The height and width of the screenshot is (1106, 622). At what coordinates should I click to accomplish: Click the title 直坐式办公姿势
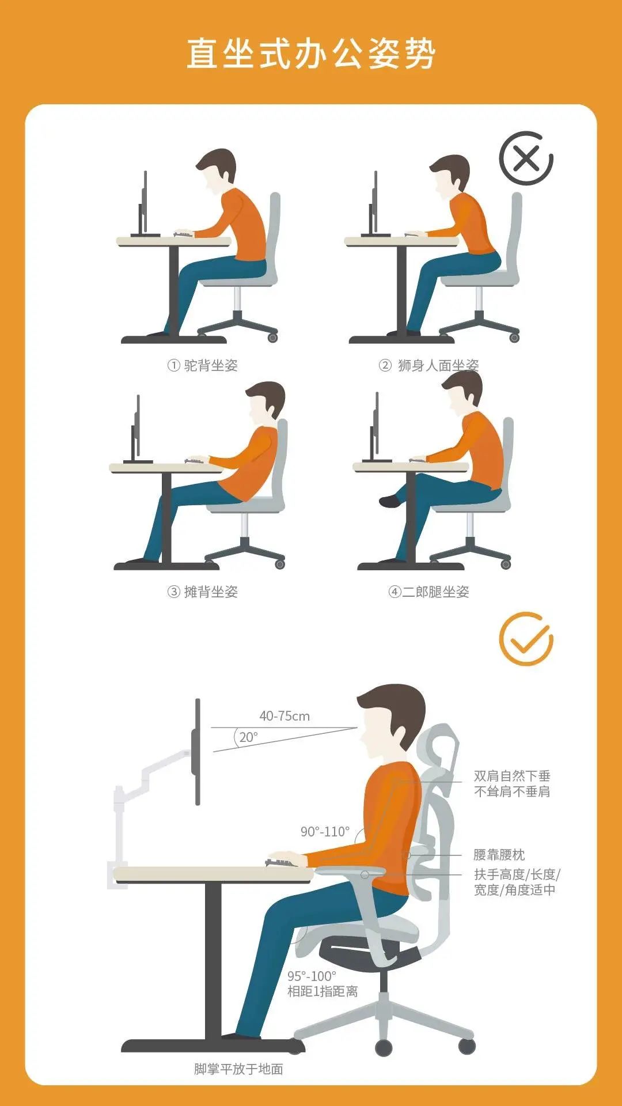pyautogui.click(x=311, y=54)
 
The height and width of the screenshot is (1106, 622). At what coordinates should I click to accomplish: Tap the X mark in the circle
pyautogui.click(x=526, y=158)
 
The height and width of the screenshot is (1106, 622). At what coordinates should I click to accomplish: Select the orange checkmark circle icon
pyautogui.click(x=526, y=639)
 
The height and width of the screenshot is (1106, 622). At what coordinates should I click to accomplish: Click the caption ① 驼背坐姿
pyautogui.click(x=203, y=365)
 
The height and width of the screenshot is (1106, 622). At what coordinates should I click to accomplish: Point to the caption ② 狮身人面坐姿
pyautogui.click(x=429, y=365)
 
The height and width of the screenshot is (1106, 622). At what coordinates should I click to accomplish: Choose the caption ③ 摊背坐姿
pyautogui.click(x=203, y=592)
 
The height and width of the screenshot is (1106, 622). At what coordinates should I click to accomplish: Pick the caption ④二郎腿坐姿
pyautogui.click(x=429, y=592)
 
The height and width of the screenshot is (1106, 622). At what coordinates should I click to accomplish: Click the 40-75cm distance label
pyautogui.click(x=285, y=716)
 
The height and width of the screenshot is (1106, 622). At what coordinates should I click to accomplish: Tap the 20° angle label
pyautogui.click(x=248, y=737)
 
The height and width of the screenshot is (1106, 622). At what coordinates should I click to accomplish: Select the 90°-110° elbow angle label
pyautogui.click(x=325, y=831)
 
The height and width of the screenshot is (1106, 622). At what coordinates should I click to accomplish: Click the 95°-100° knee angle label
pyautogui.click(x=312, y=976)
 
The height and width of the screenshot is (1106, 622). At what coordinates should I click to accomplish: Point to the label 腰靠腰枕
pyautogui.click(x=499, y=855)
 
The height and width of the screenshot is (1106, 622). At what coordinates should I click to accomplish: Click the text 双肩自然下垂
pyautogui.click(x=512, y=776)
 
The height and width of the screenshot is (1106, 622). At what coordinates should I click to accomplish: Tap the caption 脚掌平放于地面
pyautogui.click(x=238, y=1069)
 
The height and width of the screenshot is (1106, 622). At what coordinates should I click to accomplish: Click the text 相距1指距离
pyautogui.click(x=323, y=991)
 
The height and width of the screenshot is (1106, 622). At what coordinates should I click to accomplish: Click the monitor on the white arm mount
pyautogui.click(x=198, y=752)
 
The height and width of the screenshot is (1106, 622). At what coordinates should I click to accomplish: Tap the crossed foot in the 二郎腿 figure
pyautogui.click(x=390, y=501)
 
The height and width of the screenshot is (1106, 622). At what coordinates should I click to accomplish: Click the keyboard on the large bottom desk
pyautogui.click(x=285, y=862)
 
